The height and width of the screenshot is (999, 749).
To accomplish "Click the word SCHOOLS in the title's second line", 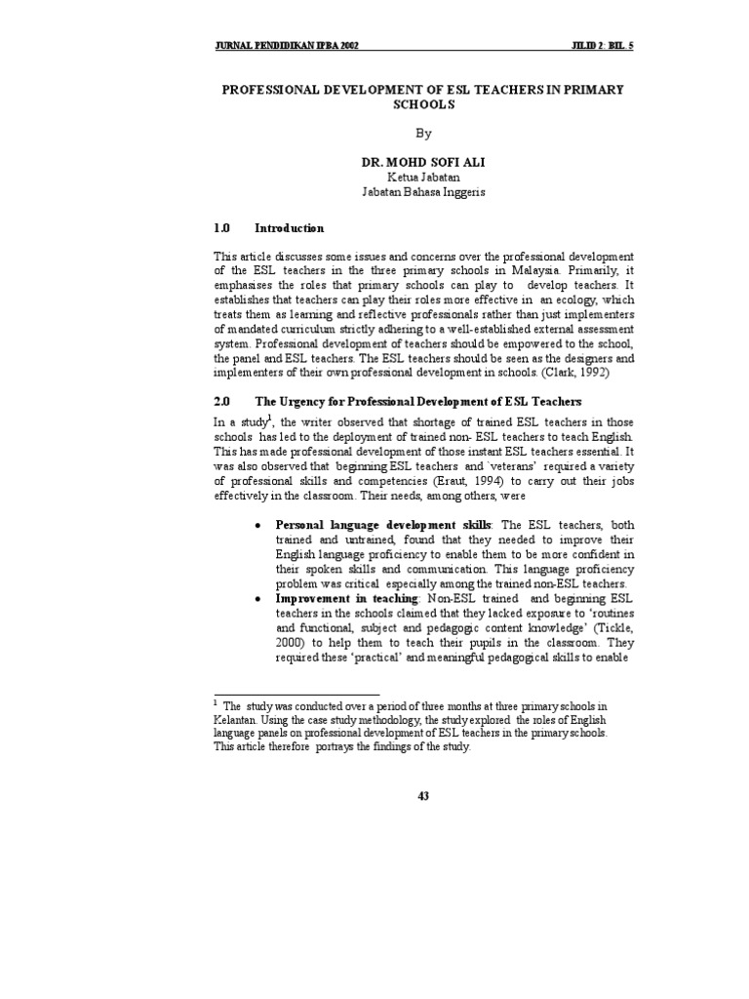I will click(x=422, y=103).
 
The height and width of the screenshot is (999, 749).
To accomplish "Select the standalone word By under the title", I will click(x=422, y=133).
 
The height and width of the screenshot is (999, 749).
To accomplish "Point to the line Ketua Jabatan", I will click(x=422, y=177).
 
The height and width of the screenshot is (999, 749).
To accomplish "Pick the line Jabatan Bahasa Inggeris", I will click(x=422, y=192).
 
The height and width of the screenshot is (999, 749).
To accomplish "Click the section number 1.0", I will click(x=221, y=228).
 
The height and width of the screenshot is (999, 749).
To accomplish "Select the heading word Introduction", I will click(x=289, y=228).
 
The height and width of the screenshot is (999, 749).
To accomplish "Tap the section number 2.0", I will click(x=221, y=401).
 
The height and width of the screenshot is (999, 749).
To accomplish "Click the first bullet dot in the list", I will click(x=256, y=527).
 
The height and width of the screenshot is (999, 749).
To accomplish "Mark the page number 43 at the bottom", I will click(x=423, y=796).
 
